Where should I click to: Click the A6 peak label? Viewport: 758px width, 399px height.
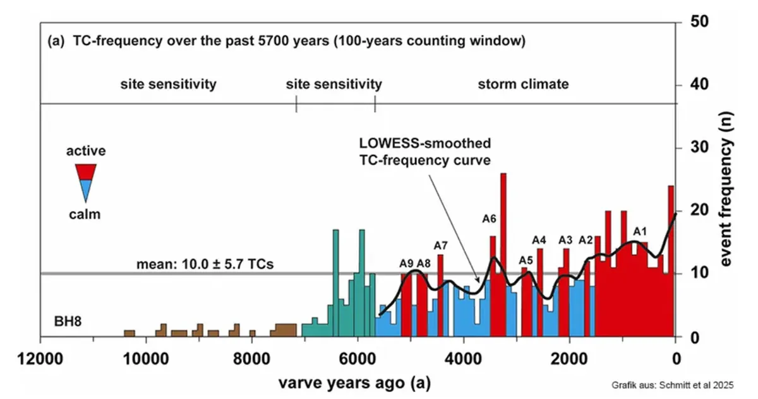click(x=489, y=219)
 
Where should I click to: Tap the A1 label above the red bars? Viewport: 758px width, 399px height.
click(x=640, y=231)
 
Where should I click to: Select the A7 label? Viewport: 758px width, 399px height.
click(x=440, y=245)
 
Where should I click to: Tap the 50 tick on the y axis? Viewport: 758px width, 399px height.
click(x=691, y=21)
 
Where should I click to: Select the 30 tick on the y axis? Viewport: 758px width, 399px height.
click(x=691, y=147)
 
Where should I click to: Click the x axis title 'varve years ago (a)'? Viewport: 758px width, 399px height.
click(x=358, y=383)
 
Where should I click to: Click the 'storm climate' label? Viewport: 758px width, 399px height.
click(x=523, y=84)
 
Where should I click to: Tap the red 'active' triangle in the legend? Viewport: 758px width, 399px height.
click(x=85, y=171)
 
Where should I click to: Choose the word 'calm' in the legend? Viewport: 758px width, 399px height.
click(x=85, y=214)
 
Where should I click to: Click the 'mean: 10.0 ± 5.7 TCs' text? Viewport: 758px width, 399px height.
click(x=205, y=264)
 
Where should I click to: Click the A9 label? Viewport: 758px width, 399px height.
click(x=407, y=264)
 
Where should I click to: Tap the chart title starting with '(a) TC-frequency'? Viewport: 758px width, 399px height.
click(x=287, y=42)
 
